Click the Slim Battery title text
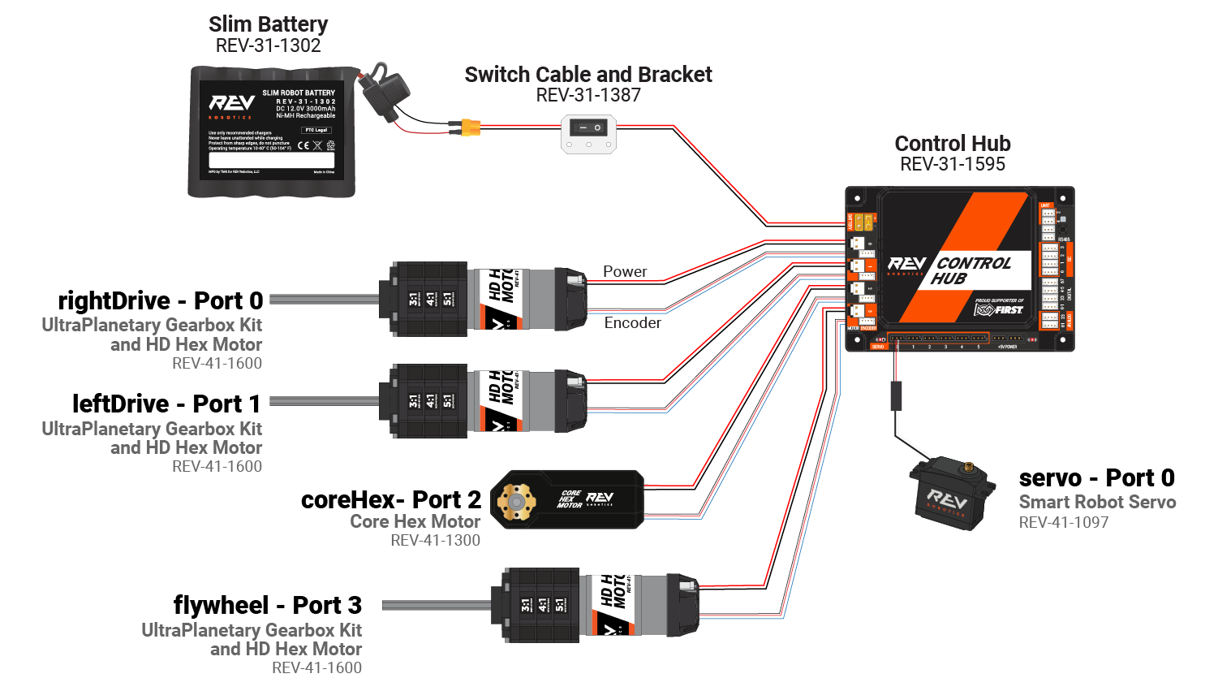pos(268,24)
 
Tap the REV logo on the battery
pos(231,103)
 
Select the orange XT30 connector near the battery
pos(470,127)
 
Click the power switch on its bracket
pos(588,128)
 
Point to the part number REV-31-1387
pos(588,95)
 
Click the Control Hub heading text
pos(952,144)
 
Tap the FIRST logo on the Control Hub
pos(999,309)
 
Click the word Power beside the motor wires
pos(625,272)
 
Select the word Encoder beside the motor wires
pos(632,323)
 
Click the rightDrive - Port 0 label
pos(160,301)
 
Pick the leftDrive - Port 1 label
pos(166,404)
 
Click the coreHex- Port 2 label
pos(390,500)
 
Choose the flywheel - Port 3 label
pos(267,606)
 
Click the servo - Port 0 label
pos(1096,478)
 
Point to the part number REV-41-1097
pos(1063,523)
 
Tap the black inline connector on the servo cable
pos(896,395)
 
